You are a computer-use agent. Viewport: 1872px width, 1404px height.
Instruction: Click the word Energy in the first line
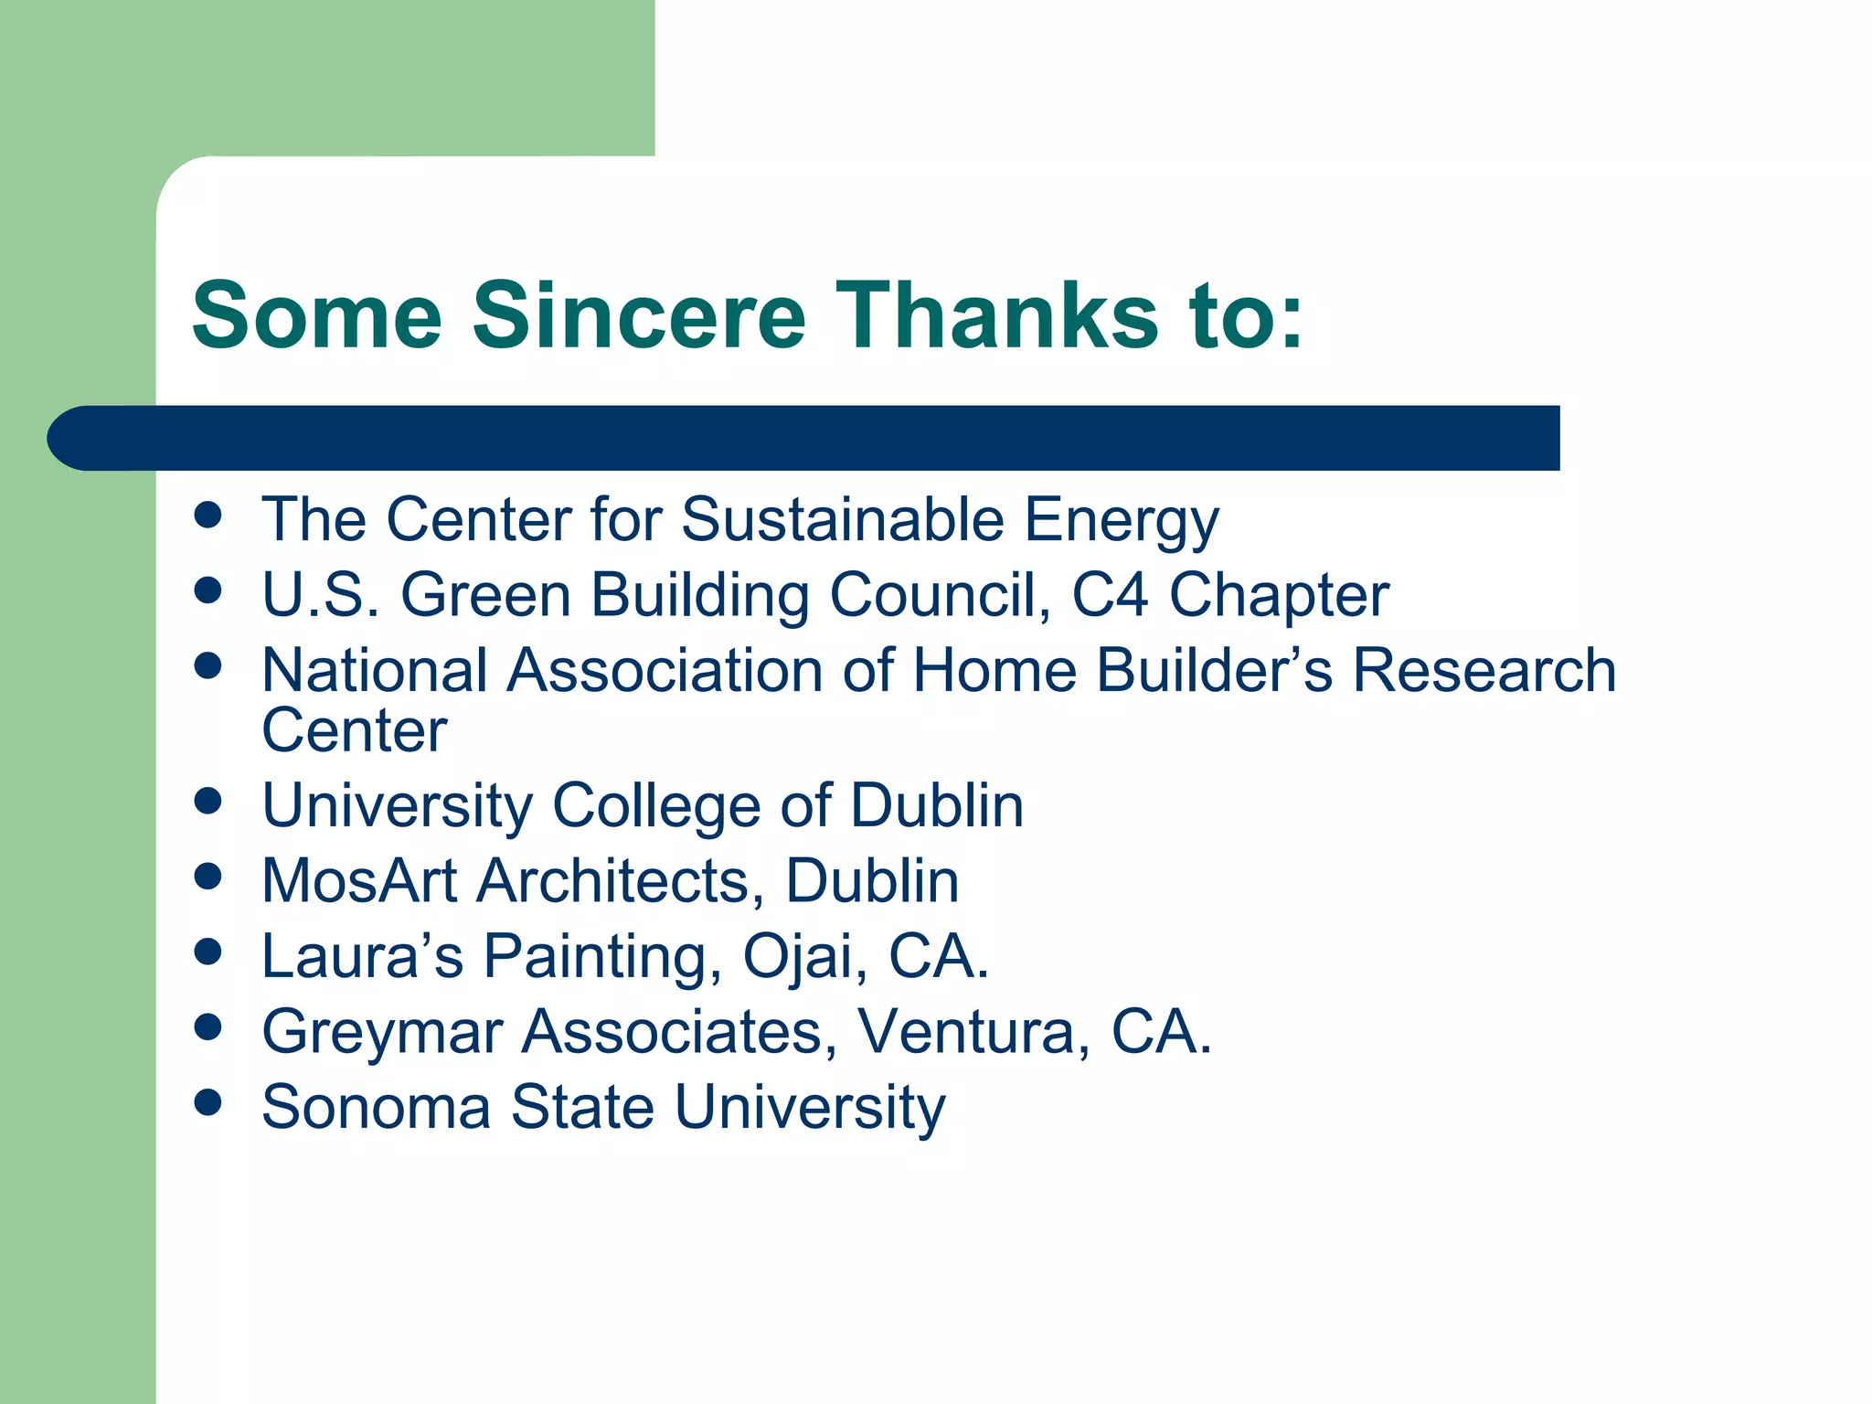click(x=1122, y=521)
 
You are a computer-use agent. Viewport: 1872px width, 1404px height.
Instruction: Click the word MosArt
click(x=359, y=881)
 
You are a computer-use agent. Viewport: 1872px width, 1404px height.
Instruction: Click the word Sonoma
click(x=377, y=1107)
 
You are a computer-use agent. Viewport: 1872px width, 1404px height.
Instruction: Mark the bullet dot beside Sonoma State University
click(x=208, y=1102)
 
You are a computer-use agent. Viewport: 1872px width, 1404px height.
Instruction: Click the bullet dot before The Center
click(x=208, y=515)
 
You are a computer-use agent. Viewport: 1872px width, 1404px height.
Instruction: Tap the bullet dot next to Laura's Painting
click(x=208, y=952)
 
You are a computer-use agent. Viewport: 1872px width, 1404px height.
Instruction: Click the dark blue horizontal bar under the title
click(x=804, y=438)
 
